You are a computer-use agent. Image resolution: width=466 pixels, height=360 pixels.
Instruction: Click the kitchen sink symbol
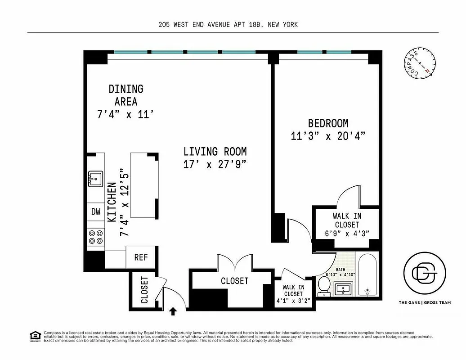(95, 179)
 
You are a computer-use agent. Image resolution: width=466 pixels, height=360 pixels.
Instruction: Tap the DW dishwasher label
(96, 211)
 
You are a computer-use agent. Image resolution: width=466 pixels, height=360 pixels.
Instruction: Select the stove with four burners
(95, 237)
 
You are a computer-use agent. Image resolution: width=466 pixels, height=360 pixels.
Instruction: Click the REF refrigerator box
(141, 257)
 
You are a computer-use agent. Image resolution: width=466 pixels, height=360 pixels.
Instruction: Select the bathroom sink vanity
(344, 288)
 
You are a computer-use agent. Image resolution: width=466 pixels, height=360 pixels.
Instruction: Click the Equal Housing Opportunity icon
(34, 336)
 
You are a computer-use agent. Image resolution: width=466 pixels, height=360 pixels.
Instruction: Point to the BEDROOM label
(328, 123)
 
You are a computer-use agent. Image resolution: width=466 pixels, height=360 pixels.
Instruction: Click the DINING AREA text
(125, 95)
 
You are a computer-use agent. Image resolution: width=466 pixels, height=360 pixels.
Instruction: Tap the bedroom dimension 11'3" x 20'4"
(327, 135)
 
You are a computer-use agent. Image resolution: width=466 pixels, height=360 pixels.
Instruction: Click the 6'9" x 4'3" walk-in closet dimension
(346, 234)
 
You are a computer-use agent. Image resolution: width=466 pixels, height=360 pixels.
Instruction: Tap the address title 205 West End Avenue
(228, 25)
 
